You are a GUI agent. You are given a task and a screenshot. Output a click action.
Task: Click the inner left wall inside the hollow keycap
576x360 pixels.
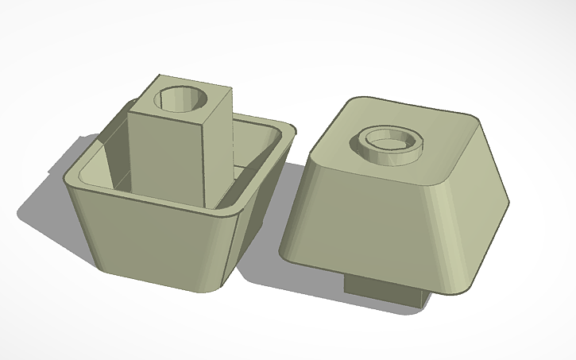pyautogui.click(x=107, y=163)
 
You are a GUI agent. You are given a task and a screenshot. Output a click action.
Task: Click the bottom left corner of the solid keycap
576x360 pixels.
pyautogui.click(x=284, y=253)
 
